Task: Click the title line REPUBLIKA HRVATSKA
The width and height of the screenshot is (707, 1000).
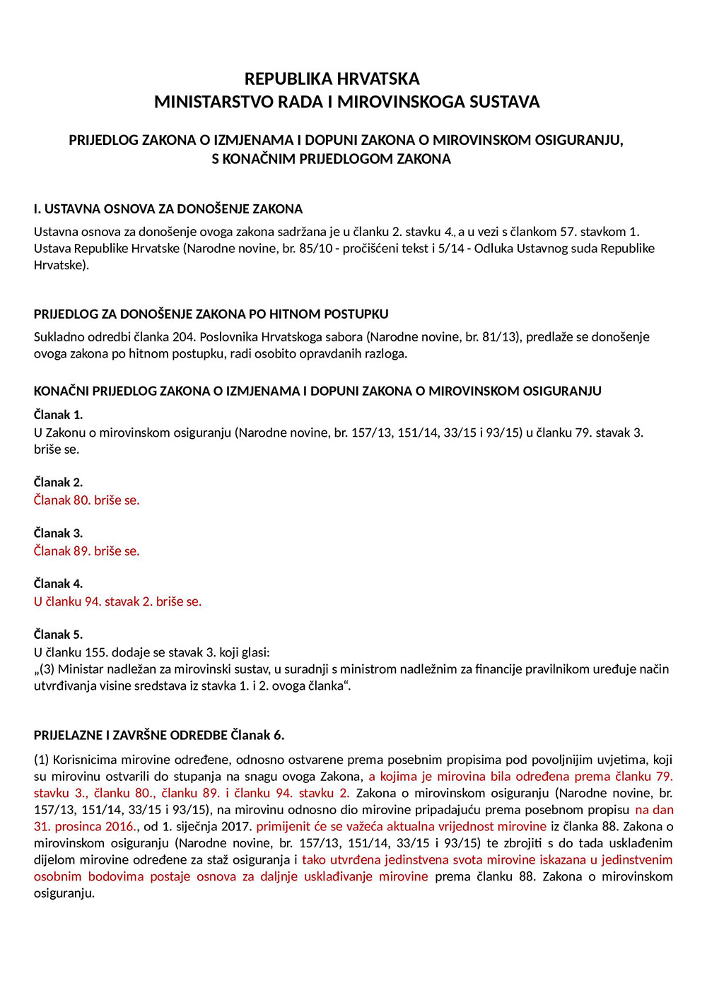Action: (332, 78)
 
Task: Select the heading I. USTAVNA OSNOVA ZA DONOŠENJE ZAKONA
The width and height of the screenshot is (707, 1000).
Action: (168, 209)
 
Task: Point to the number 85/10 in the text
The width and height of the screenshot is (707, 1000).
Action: (316, 249)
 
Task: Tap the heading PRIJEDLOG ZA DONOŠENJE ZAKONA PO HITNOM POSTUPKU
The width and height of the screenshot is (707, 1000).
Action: (211, 314)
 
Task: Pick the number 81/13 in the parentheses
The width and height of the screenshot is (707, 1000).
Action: (499, 337)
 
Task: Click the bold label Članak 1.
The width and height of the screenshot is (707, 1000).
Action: (58, 415)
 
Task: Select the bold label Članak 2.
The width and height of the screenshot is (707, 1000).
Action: (58, 483)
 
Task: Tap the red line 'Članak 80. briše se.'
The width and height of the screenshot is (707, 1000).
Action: (87, 500)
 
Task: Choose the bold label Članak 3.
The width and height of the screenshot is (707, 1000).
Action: (58, 534)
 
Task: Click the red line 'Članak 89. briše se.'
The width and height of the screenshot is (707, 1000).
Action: (87, 551)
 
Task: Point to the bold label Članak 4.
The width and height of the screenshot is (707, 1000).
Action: (58, 584)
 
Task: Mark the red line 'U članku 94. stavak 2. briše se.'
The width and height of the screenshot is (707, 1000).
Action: (118, 601)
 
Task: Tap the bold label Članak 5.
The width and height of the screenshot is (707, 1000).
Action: (58, 635)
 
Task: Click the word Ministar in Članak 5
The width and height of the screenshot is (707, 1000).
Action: (79, 669)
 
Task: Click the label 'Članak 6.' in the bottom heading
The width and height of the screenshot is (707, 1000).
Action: (257, 736)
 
